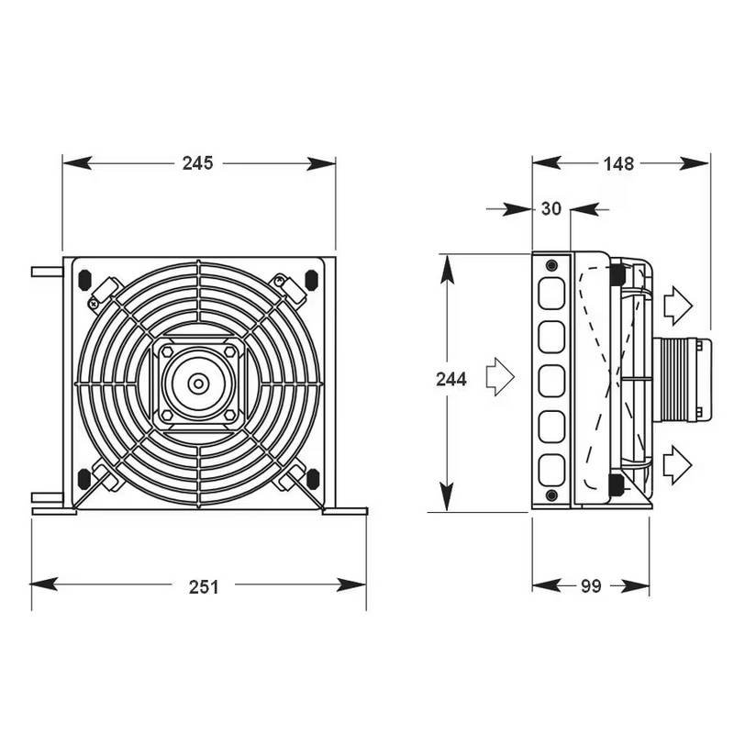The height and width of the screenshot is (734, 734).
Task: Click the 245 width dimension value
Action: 197,163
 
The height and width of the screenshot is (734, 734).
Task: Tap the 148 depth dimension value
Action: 619,163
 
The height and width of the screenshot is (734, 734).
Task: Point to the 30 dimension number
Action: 550,209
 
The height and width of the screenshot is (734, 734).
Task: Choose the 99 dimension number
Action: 591,586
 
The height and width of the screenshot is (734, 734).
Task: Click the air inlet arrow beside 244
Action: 500,377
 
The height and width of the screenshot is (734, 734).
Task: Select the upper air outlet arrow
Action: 677,306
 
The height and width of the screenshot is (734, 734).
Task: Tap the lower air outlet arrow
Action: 677,464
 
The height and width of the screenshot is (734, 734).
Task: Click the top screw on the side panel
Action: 550,266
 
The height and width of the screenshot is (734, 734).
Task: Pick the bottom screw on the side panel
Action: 550,496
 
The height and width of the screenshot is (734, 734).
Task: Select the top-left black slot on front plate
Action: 84,278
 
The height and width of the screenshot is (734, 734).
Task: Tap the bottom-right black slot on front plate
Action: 312,477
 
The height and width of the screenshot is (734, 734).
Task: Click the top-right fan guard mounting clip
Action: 293,286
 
